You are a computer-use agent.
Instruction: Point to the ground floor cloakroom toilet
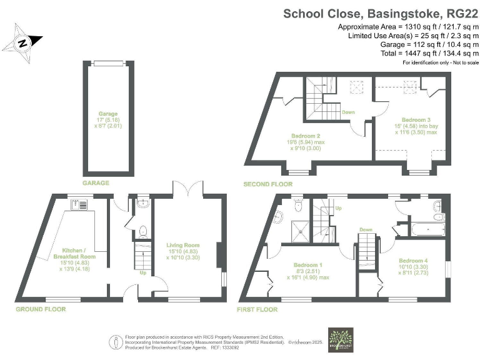click(143, 231)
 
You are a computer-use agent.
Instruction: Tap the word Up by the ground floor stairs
click(142, 273)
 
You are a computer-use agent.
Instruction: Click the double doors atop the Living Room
click(187, 189)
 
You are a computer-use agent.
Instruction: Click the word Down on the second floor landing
click(349, 112)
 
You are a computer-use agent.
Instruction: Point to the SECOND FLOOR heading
click(268, 184)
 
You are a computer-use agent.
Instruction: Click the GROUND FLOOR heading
click(40, 309)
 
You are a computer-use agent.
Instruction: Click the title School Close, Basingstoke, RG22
click(381, 13)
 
